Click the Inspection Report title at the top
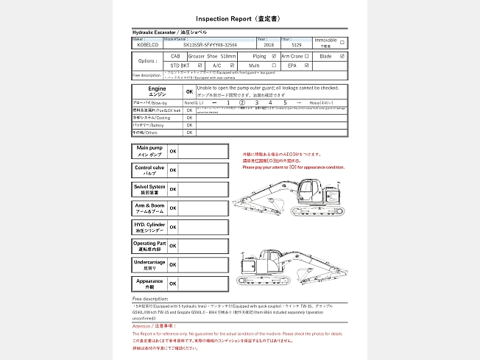click(239, 18)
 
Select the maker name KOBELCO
click(147, 46)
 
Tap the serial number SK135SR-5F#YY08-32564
click(210, 46)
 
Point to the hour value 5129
click(297, 46)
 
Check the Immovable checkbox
click(342, 42)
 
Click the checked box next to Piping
click(274, 56)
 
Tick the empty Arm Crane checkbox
click(308, 56)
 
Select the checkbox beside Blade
click(342, 56)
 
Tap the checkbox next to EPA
click(308, 66)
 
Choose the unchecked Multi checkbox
click(274, 66)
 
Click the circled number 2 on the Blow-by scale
click(242, 102)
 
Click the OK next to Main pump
click(173, 151)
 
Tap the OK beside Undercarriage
click(173, 264)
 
